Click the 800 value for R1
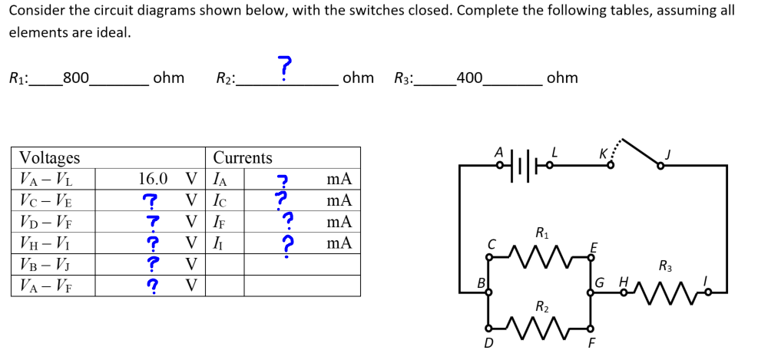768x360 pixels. click(x=75, y=78)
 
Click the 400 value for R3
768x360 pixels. click(x=468, y=78)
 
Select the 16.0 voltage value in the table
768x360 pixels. click(x=153, y=179)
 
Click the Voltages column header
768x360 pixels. click(x=49, y=157)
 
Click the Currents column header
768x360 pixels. click(x=243, y=157)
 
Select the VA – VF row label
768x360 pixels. click(x=45, y=286)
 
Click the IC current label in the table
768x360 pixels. click(x=221, y=200)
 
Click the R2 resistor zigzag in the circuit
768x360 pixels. click(x=541, y=329)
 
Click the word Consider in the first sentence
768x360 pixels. click(x=35, y=11)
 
